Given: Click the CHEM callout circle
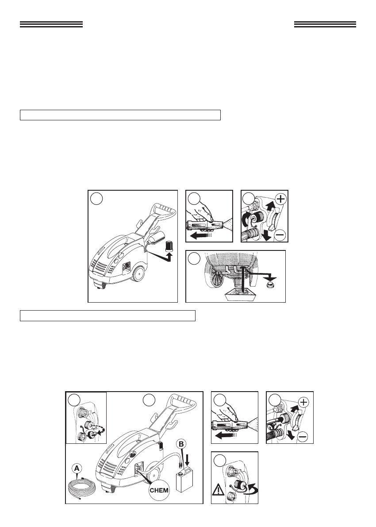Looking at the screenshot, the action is tap(159, 490).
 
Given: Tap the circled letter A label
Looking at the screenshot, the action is tap(77, 468).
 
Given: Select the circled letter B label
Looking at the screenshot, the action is tap(181, 444).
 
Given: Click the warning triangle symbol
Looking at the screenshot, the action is tap(218, 490).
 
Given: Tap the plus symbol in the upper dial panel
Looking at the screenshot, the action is tap(280, 199).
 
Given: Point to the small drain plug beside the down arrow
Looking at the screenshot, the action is tap(270, 286).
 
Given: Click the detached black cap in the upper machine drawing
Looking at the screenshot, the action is tap(169, 245).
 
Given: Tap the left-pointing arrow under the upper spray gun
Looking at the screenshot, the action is tap(201, 236).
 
